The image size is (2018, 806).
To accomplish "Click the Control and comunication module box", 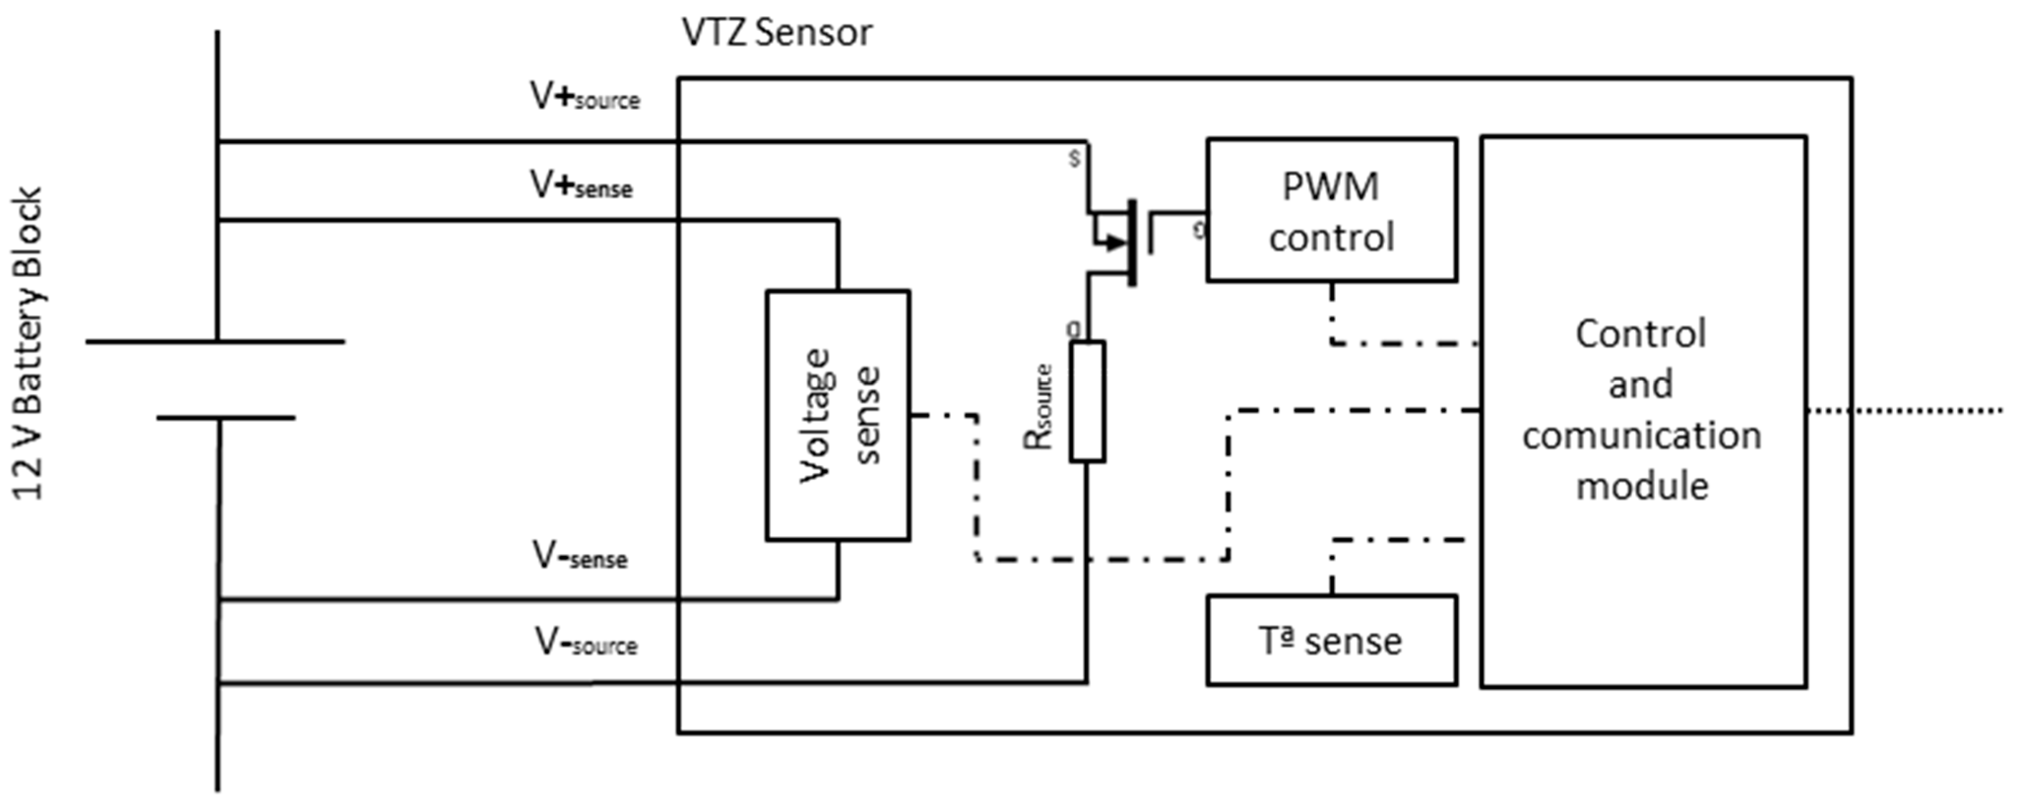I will click(1643, 411).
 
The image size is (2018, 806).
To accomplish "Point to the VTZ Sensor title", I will click(776, 33).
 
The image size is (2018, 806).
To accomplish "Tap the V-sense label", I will click(580, 556).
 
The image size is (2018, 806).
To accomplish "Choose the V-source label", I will click(586, 643).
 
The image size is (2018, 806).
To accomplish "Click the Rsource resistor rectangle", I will click(1087, 401).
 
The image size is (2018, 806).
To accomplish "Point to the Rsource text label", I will click(1039, 407).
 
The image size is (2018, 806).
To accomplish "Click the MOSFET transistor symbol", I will click(1120, 243).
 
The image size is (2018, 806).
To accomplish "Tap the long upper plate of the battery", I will click(216, 342).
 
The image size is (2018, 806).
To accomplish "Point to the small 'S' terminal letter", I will click(1075, 158).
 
